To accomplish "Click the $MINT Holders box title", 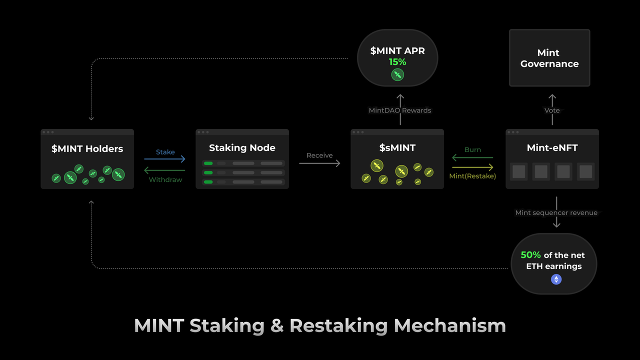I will pyautogui.click(x=87, y=148).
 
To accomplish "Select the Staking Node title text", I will pyautogui.click(x=242, y=147).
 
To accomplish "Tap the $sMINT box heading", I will pyautogui.click(x=397, y=147).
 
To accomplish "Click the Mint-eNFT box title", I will pyautogui.click(x=552, y=147).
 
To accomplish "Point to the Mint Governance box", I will pyautogui.click(x=549, y=58).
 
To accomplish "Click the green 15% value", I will pyautogui.click(x=397, y=62).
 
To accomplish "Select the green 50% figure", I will pyautogui.click(x=530, y=255).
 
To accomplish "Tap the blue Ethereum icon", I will pyautogui.click(x=556, y=279).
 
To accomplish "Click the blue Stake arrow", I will pyautogui.click(x=165, y=159).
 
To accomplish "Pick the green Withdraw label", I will pyautogui.click(x=165, y=179).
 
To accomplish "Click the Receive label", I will pyautogui.click(x=319, y=155).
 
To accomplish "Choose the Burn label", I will pyautogui.click(x=472, y=149).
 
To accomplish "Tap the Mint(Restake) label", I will pyautogui.click(x=472, y=176).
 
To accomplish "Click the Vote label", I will pyautogui.click(x=552, y=110).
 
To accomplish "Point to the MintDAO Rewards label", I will pyautogui.click(x=399, y=110).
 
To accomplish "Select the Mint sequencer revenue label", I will pyautogui.click(x=556, y=212).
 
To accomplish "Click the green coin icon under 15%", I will pyautogui.click(x=397, y=75).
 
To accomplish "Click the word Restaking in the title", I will pyautogui.click(x=338, y=326).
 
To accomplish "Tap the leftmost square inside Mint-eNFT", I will pyautogui.click(x=519, y=171).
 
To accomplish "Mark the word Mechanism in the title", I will pyautogui.click(x=449, y=326).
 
